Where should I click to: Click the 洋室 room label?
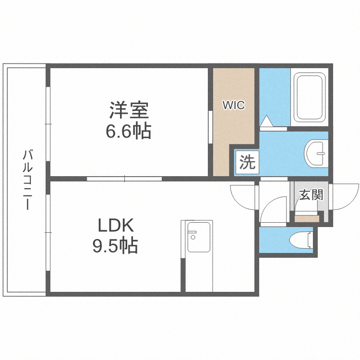[129, 110]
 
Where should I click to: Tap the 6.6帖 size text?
[129, 131]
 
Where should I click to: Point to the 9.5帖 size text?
[115, 246]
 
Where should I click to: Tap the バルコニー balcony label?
[28, 180]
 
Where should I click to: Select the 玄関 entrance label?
[311, 194]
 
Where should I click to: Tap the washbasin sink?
[316, 153]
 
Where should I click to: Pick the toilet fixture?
[302, 238]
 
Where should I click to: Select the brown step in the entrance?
[307, 218]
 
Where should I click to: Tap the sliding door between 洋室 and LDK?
[124, 179]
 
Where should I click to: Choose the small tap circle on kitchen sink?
[193, 236]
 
